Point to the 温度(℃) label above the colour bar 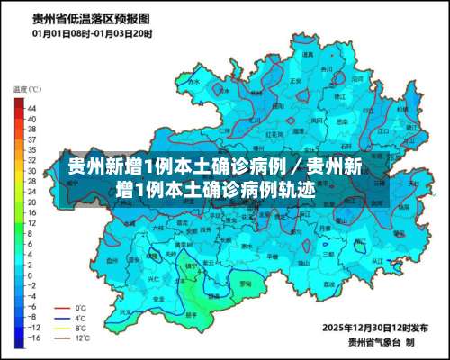(x=27, y=90)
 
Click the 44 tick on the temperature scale (x=31, y=107)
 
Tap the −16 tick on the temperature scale (x=31, y=341)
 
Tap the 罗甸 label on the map (x=245, y=283)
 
